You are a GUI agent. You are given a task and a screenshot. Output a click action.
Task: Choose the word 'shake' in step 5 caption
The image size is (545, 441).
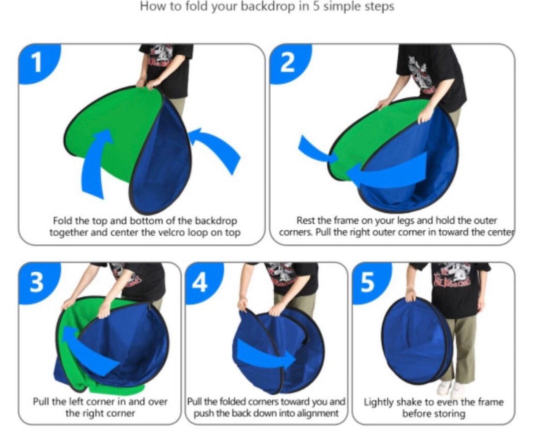[409, 402]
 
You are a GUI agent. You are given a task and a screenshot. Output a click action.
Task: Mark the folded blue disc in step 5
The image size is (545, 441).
[416, 341]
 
